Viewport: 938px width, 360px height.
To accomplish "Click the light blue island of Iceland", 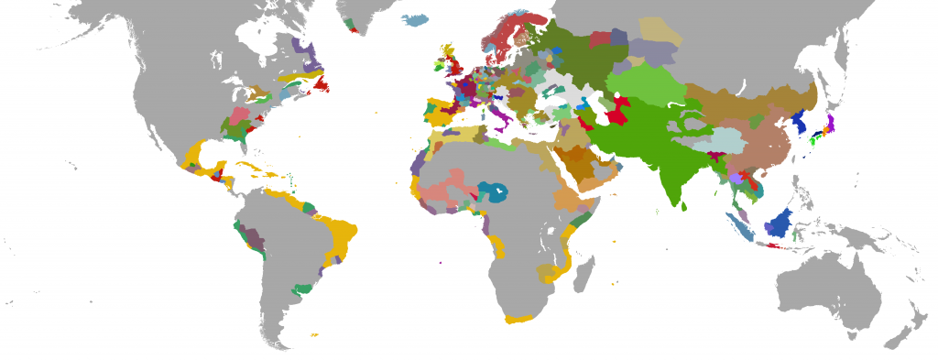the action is (416, 18).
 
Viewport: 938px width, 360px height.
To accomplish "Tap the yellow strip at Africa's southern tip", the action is (519, 318).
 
